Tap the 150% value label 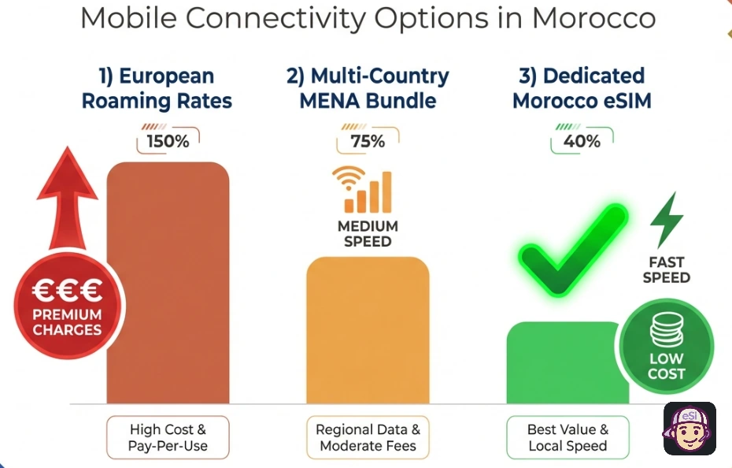(x=168, y=142)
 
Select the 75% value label (x=368, y=142)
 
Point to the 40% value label (x=582, y=142)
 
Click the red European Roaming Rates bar (x=168, y=284)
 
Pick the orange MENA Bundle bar (x=368, y=331)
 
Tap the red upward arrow (x=66, y=197)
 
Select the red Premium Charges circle (x=67, y=307)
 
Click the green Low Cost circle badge (x=666, y=347)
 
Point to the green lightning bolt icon (x=666, y=221)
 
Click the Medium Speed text (x=368, y=233)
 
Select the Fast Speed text (x=666, y=269)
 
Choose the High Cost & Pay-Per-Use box (x=168, y=438)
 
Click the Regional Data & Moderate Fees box (x=368, y=438)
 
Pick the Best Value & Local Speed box (x=567, y=438)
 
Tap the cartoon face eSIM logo (x=689, y=429)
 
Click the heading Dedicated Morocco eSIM (x=582, y=88)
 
